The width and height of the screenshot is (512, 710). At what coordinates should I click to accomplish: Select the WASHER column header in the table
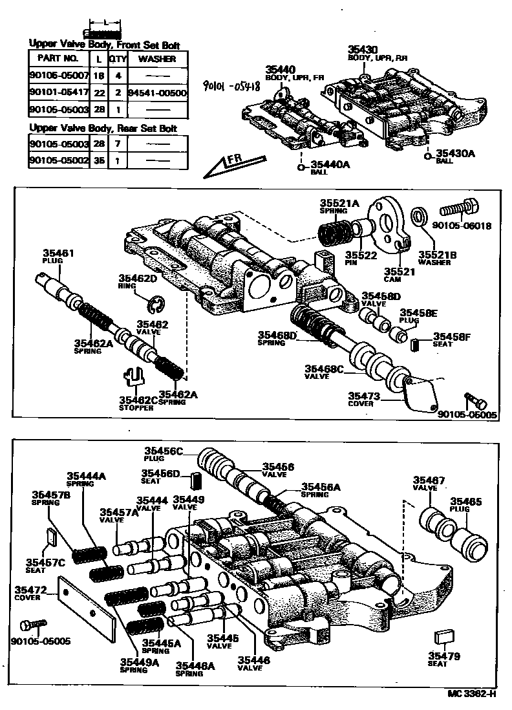point(158,58)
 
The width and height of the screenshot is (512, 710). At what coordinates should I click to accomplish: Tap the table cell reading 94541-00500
point(158,92)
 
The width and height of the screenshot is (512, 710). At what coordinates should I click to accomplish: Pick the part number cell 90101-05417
point(58,92)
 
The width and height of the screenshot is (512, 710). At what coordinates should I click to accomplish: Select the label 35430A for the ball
point(456,153)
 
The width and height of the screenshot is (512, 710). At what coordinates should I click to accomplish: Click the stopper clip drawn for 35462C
point(136,378)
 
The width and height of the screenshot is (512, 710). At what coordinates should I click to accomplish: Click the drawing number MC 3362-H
point(472,694)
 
